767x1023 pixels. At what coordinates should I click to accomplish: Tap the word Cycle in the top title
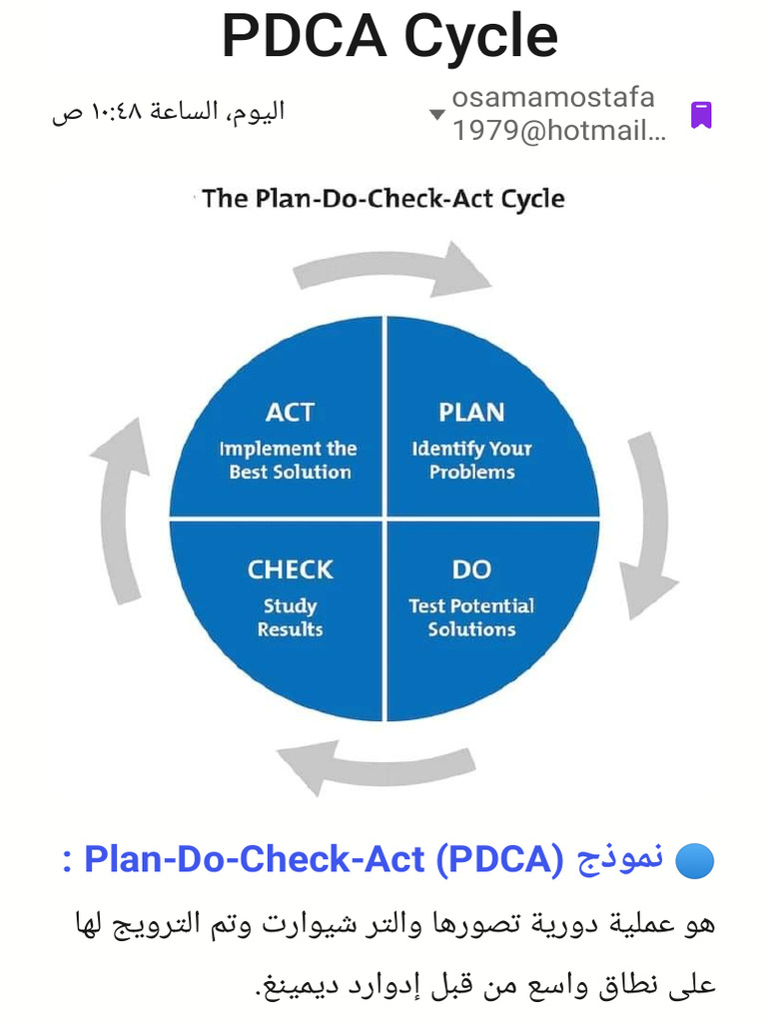click(x=480, y=37)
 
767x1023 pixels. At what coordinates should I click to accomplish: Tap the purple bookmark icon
click(x=701, y=115)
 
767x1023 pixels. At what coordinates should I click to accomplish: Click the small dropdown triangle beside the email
click(x=436, y=115)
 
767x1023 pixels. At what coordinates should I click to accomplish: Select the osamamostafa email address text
click(x=555, y=114)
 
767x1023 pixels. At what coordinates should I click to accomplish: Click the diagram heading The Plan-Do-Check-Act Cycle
click(x=383, y=198)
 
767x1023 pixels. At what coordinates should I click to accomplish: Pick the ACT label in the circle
click(x=290, y=412)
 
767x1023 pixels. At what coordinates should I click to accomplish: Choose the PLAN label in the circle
click(x=471, y=412)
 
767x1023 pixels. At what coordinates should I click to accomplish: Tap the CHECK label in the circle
click(x=290, y=569)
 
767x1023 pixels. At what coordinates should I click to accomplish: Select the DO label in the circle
click(x=471, y=569)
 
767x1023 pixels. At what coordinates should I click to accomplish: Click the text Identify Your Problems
click(x=471, y=461)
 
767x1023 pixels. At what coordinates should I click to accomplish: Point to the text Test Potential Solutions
click(x=471, y=617)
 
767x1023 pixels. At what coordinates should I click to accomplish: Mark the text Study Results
click(x=290, y=617)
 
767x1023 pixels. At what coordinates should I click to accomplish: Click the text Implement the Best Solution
click(x=290, y=461)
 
